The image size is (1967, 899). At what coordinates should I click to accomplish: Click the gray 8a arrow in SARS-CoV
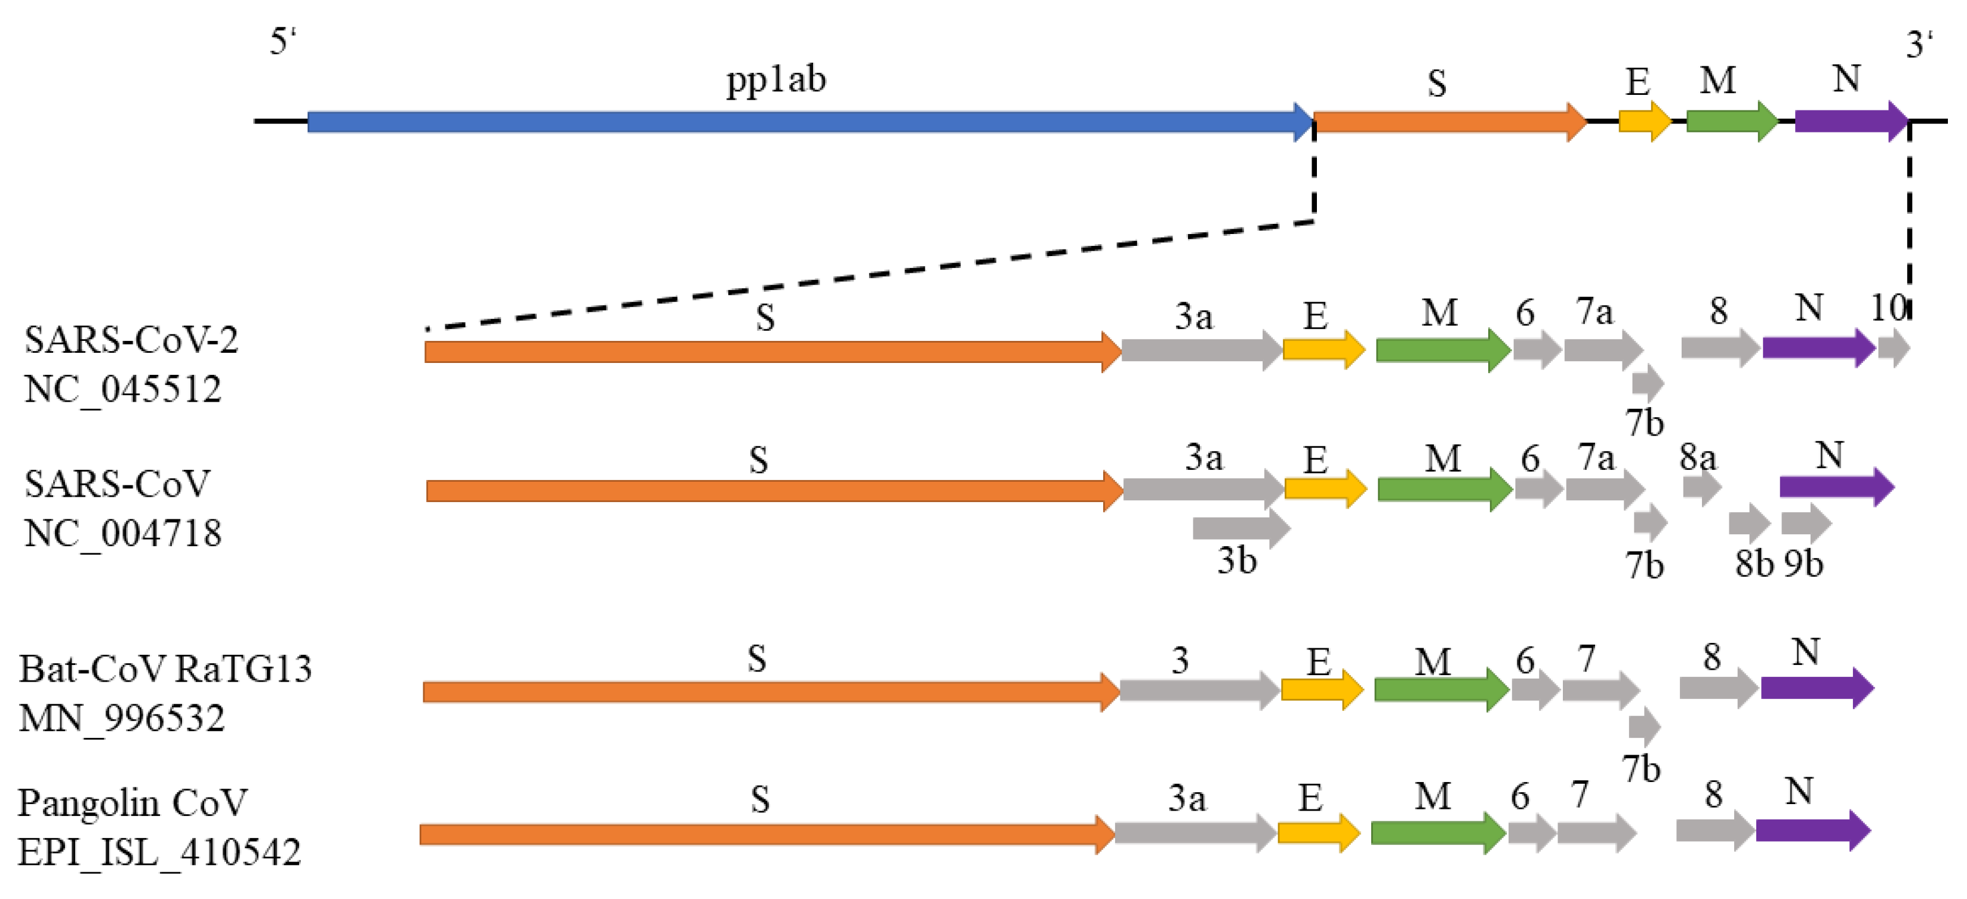pos(1701,486)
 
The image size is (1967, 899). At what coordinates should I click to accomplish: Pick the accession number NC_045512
pos(122,390)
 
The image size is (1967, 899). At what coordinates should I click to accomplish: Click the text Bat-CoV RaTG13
pos(165,669)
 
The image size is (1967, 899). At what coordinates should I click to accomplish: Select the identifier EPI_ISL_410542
pos(159,852)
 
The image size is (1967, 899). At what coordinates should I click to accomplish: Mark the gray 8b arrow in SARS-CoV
pos(1749,523)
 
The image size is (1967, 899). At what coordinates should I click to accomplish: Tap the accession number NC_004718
pos(122,534)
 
